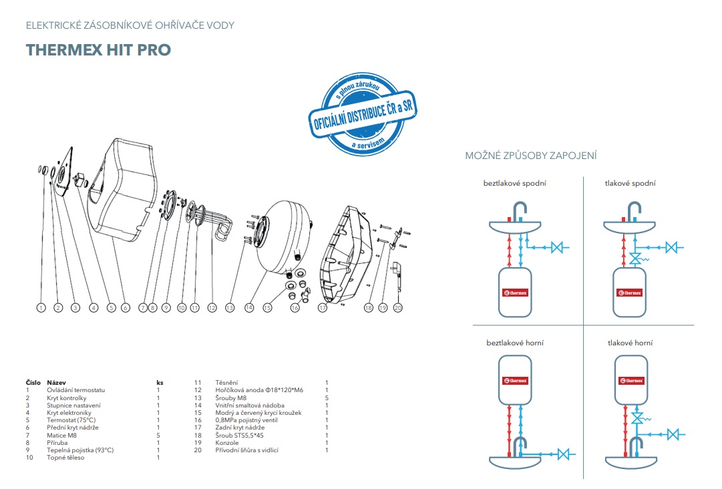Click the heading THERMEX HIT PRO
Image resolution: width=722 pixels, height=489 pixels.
click(98, 50)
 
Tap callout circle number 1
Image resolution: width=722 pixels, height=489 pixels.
click(41, 308)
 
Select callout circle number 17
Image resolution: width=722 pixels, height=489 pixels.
click(323, 308)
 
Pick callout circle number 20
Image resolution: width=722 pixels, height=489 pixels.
click(398, 308)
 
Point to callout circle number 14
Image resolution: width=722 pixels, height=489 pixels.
click(249, 308)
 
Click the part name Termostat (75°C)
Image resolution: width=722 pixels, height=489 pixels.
click(71, 420)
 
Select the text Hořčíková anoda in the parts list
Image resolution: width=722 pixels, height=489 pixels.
click(238, 390)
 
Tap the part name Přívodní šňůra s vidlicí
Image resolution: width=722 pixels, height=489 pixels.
click(246, 450)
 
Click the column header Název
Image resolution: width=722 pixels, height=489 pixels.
click(55, 383)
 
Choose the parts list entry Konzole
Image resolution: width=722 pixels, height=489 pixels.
click(226, 443)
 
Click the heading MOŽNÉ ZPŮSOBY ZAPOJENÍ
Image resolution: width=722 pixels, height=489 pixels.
click(531, 156)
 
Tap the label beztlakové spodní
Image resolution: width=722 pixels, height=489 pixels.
click(515, 183)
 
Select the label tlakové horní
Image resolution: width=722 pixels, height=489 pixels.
click(630, 343)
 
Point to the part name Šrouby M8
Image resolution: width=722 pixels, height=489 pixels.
click(229, 397)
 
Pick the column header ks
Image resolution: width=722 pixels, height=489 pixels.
click(160, 383)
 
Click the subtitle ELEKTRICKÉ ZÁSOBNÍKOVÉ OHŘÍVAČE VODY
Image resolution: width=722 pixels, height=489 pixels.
click(130, 25)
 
